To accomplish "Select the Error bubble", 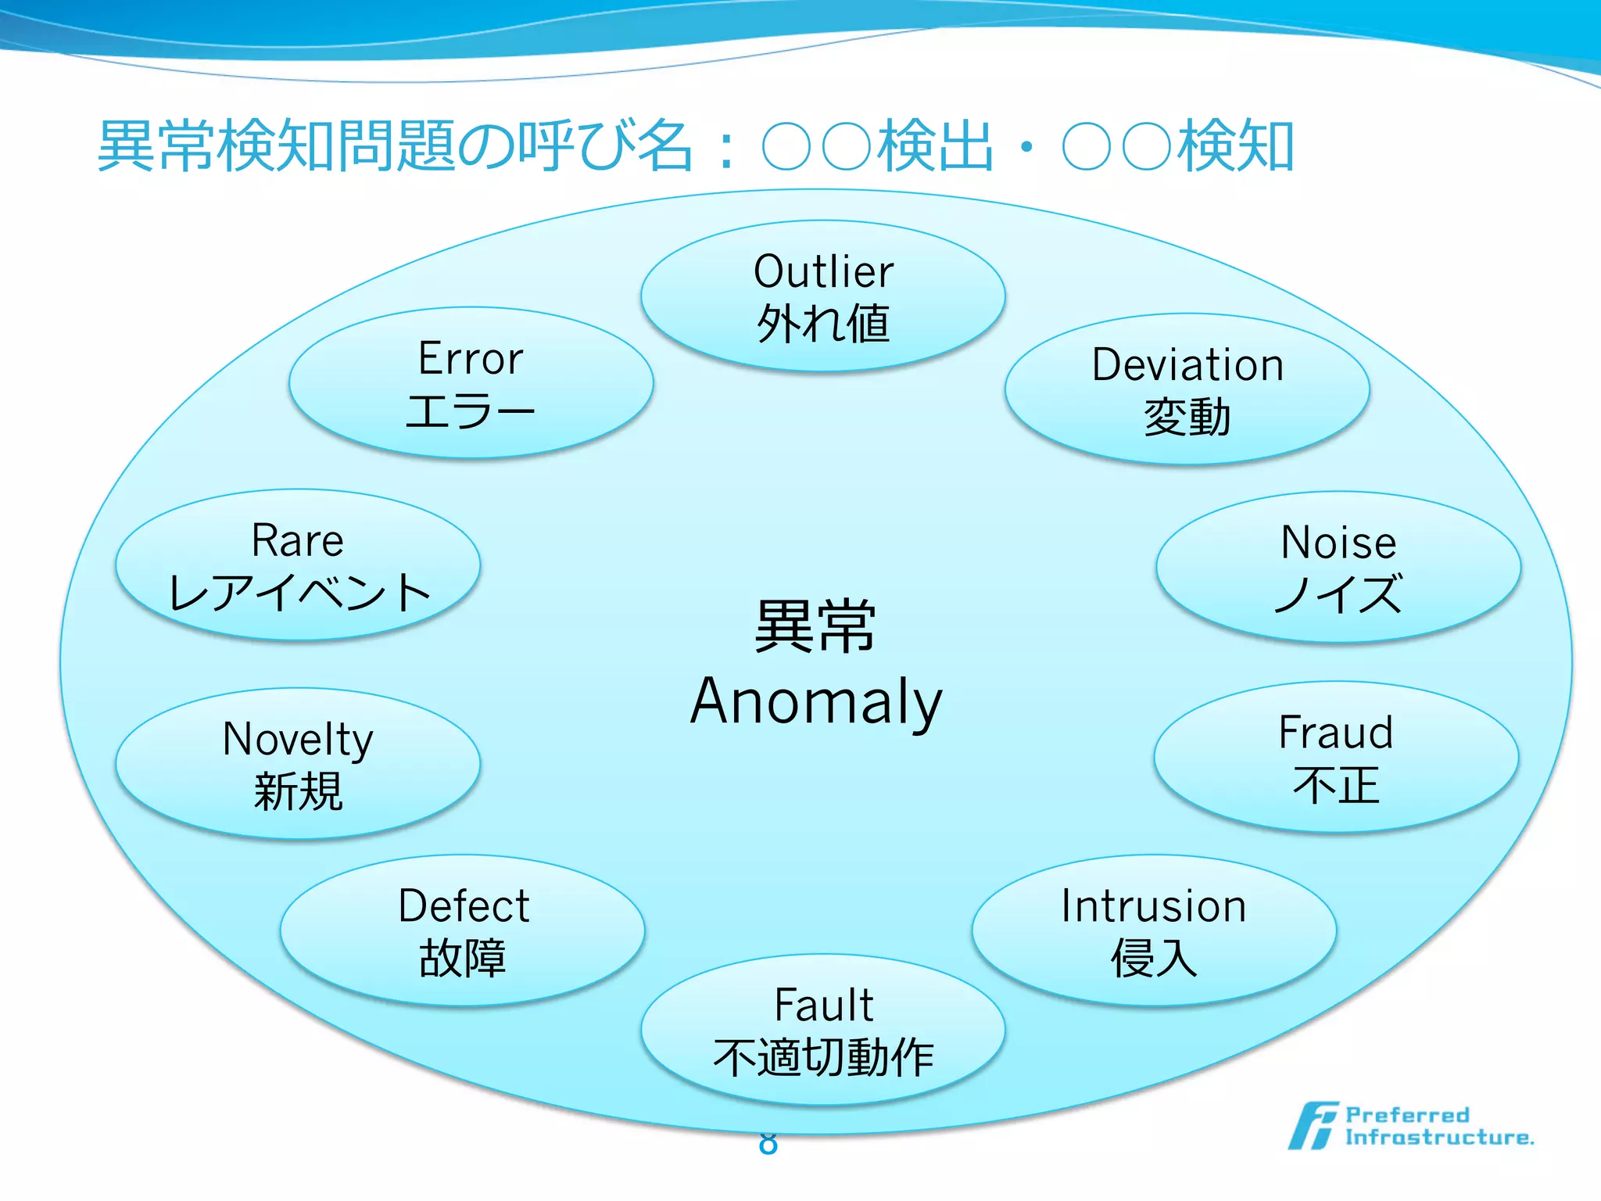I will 471,382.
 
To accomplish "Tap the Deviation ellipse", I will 1187,389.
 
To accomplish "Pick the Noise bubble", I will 1338,567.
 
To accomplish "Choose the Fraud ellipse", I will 1336,757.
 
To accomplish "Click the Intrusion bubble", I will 1154,930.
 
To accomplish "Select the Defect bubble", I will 463,930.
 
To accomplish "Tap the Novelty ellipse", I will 298,763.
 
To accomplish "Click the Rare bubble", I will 298,565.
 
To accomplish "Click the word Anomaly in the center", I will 816,701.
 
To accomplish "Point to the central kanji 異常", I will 815,626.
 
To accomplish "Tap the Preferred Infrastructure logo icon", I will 1312,1126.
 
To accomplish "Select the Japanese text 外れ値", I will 822,324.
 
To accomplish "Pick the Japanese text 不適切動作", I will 823,1058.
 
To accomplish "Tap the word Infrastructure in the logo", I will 1438,1138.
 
